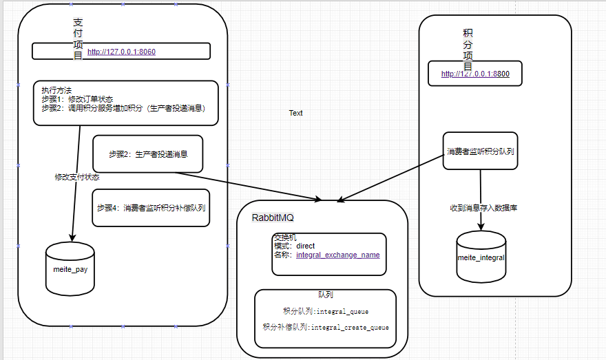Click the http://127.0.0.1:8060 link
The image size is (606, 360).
[121, 52]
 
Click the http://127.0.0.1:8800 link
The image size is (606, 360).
[475, 74]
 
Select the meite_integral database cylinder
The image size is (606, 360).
[481, 257]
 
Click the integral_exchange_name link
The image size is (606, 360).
[337, 255]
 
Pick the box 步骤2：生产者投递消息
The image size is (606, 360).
[147, 153]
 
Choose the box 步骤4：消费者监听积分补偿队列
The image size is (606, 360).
[150, 207]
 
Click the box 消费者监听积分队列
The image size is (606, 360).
[480, 151]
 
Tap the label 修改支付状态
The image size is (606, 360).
[77, 177]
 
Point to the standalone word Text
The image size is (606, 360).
[295, 113]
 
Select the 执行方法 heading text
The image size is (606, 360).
[56, 90]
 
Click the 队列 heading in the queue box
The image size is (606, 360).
[326, 294]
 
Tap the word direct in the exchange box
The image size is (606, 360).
[305, 246]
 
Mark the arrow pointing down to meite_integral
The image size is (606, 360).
[481, 200]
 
